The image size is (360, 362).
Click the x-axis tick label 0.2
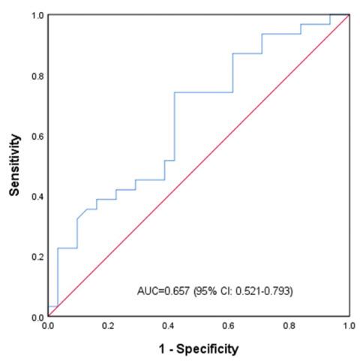[x=108, y=327]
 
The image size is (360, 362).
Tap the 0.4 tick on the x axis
[x=169, y=327]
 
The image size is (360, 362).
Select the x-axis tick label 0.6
[x=229, y=327]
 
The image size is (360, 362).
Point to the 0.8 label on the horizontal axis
[x=289, y=327]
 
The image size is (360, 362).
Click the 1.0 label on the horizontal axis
[x=349, y=327]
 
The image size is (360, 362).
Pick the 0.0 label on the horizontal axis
[x=48, y=327]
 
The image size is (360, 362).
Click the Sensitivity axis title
[x=14, y=166]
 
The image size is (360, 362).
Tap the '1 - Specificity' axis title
[x=198, y=348]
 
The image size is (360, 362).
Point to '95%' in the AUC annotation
[x=205, y=290]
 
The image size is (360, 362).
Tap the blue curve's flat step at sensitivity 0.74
[x=202, y=92]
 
